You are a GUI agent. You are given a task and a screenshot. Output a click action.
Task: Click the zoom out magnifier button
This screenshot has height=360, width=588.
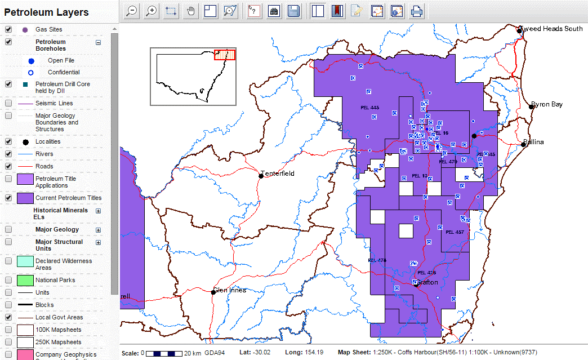[x=132, y=11]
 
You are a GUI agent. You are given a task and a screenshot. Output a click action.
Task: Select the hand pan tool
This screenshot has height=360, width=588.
[x=190, y=11]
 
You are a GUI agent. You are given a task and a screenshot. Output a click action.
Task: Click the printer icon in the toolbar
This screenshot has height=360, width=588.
[x=417, y=11]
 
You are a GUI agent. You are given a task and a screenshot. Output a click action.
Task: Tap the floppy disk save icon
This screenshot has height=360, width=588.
[x=293, y=11]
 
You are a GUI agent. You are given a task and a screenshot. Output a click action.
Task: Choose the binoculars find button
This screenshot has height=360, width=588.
[x=274, y=11]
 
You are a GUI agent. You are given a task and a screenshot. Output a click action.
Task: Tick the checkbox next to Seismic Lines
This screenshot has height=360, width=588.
[x=8, y=103]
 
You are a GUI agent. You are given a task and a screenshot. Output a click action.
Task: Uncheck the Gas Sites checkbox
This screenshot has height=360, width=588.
[x=8, y=29]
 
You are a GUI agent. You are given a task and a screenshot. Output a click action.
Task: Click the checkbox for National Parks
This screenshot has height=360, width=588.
[x=8, y=280]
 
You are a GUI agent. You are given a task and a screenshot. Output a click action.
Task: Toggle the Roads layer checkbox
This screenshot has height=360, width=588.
[x=8, y=166]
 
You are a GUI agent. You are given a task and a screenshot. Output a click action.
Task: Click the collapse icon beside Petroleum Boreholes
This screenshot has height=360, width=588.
[x=98, y=42]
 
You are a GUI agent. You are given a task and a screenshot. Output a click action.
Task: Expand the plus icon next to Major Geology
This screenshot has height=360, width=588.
[x=98, y=230]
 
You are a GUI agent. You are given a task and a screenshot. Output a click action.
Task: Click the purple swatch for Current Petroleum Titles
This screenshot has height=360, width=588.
[x=25, y=198]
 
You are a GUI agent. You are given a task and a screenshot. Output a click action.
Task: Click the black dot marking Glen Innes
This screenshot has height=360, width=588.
[x=213, y=292]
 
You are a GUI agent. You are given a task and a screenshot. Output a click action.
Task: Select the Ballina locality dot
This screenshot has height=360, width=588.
[x=523, y=144]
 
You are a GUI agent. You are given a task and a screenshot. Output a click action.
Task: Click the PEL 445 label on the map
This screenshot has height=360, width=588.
[x=369, y=108]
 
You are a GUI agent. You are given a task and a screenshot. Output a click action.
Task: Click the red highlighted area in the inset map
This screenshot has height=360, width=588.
[x=225, y=54]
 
